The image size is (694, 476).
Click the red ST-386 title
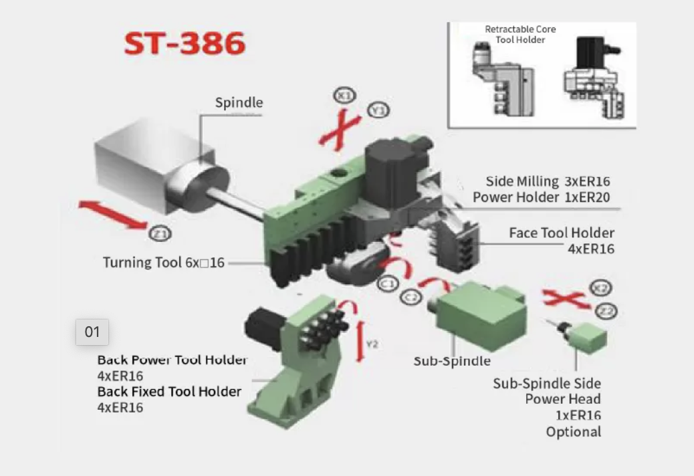185,43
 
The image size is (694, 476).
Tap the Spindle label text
239,103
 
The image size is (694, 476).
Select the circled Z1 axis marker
160,233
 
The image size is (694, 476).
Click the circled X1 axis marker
344,96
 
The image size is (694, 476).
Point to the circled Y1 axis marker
378,110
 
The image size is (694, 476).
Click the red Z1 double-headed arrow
113,215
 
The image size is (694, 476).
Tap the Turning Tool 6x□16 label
164,262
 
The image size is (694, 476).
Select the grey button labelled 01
92,332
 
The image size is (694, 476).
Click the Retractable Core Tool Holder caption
520,35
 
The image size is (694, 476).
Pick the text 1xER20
587,197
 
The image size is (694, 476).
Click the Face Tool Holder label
562,233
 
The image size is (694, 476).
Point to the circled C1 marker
388,283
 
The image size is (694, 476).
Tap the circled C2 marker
411,297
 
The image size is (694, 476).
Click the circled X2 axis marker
600,288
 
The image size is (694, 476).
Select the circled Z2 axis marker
606,312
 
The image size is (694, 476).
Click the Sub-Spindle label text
452,361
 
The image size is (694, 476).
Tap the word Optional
574,432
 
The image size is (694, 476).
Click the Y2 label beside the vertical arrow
372,344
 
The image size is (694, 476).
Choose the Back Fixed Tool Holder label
170,392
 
